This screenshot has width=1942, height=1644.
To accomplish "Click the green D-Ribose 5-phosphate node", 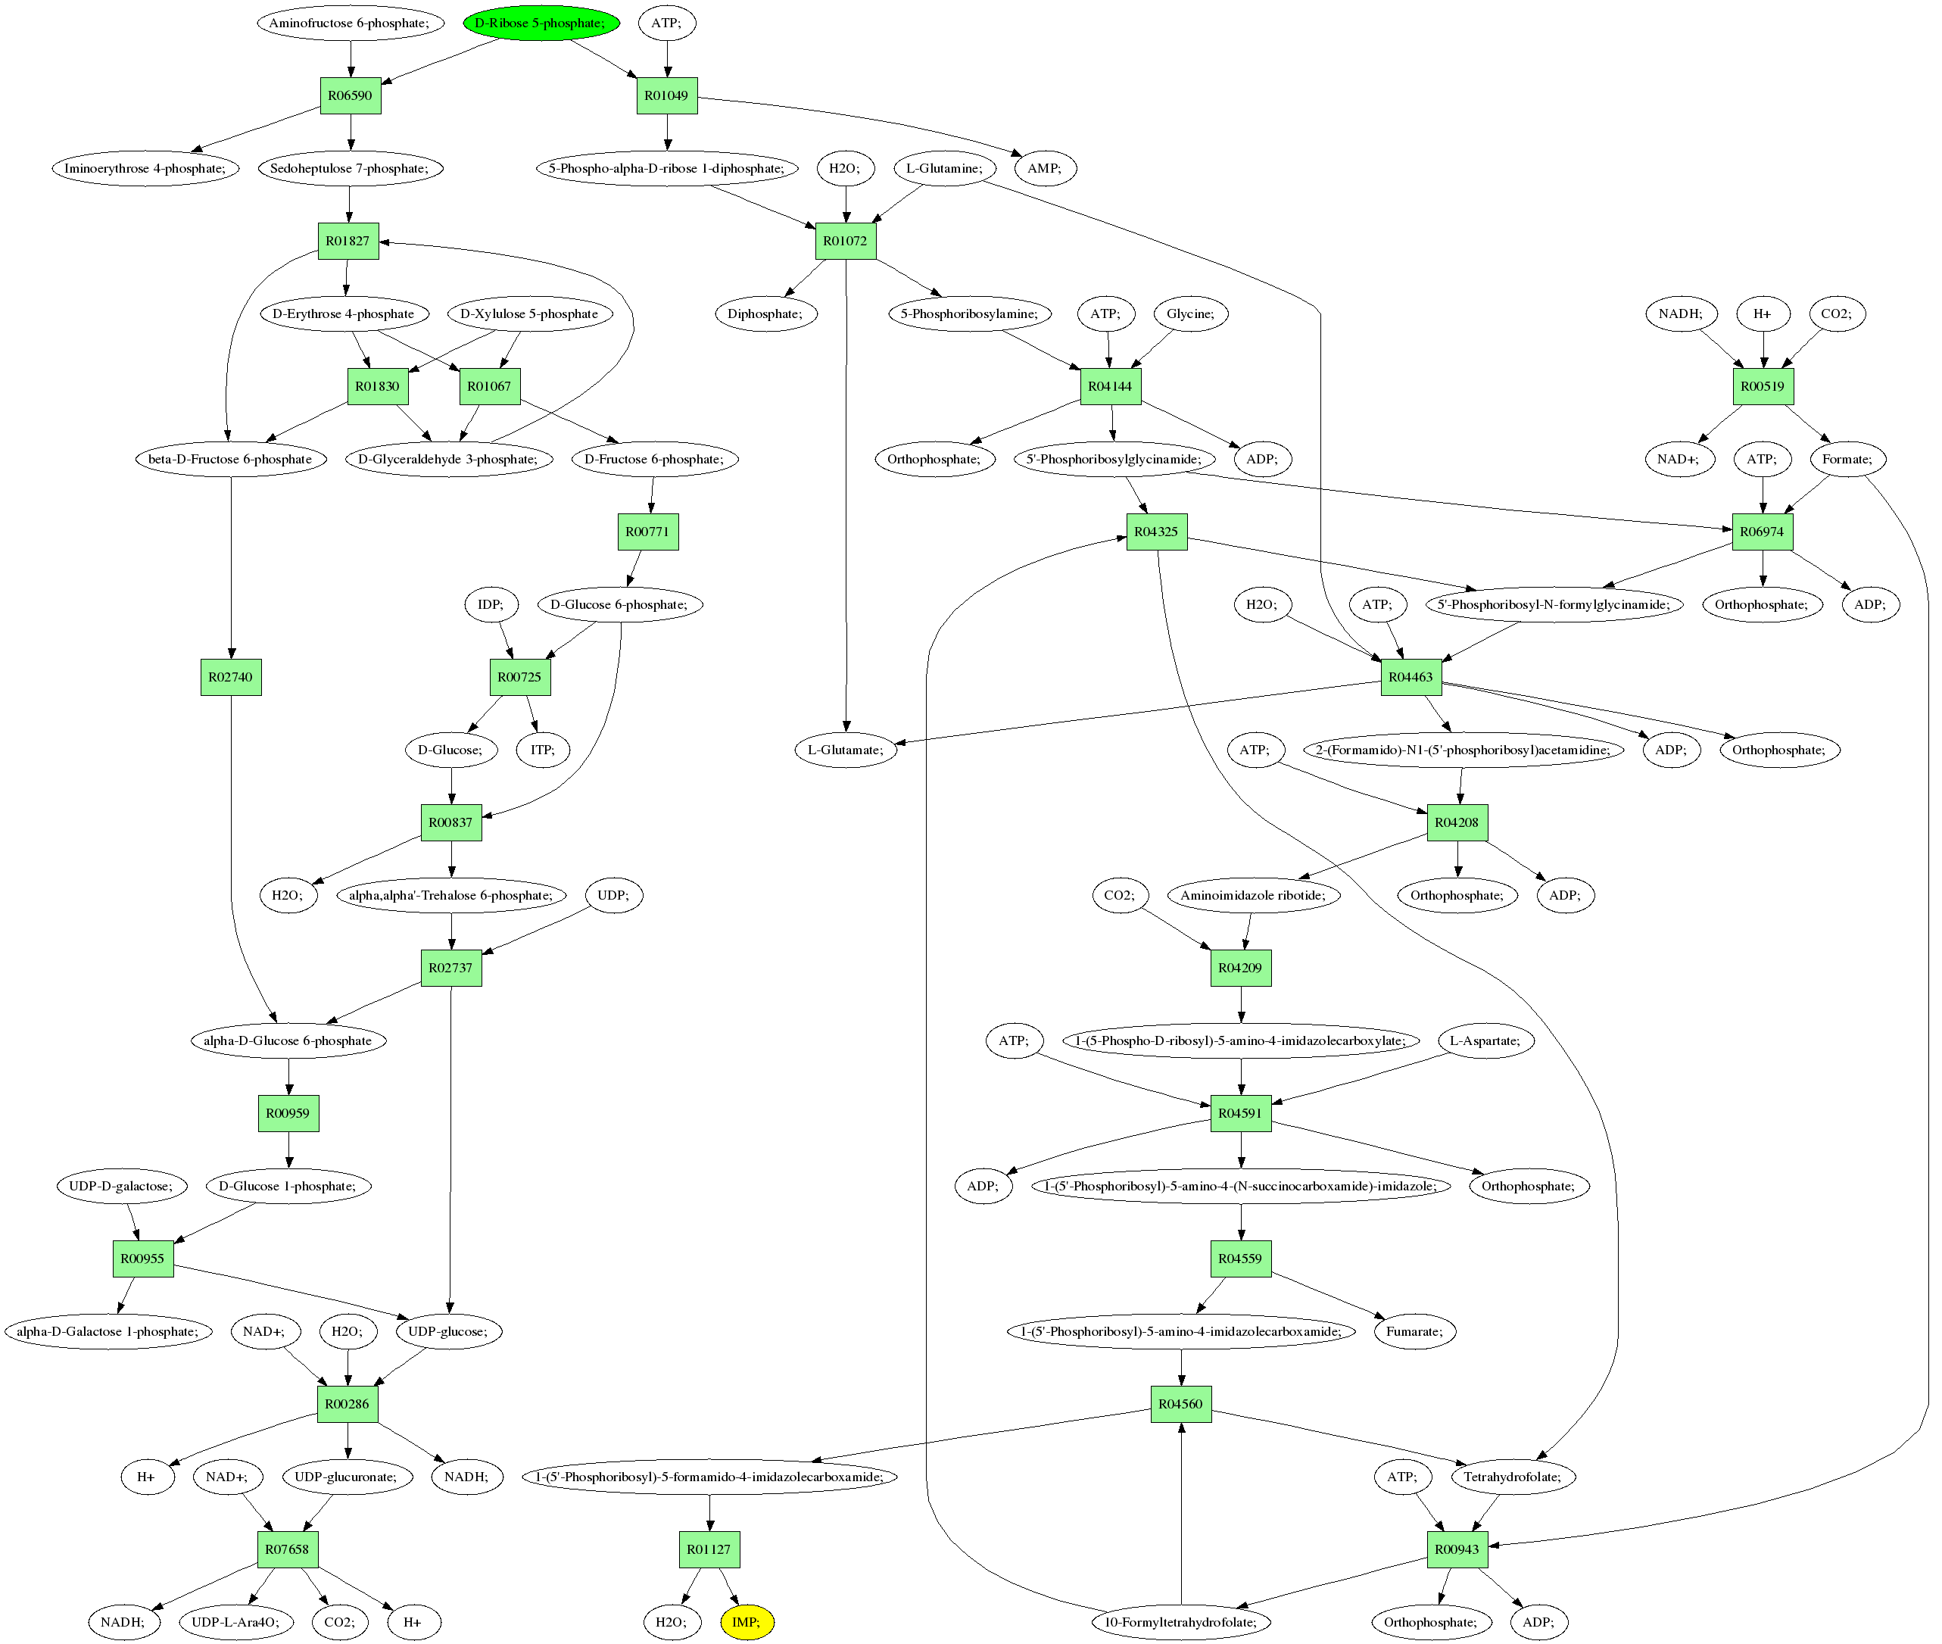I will coord(541,23).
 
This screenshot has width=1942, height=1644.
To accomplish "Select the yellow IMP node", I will coord(747,1621).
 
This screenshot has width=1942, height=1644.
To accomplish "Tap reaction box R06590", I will coord(351,95).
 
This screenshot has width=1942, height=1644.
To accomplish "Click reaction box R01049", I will coord(666,95).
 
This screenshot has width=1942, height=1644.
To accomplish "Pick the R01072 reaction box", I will coord(845,241).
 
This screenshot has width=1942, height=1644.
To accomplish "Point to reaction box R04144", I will coord(1110,386).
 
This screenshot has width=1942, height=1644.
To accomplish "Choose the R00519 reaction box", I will coord(1762,386).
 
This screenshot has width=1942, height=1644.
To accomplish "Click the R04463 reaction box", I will coord(1410,677).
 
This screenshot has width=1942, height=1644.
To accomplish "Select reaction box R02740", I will coord(231,677).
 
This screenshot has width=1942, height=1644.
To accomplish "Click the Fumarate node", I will coord(1414,1330).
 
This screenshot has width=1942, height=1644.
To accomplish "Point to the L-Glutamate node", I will coord(846,750).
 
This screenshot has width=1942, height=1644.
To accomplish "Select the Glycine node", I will coord(1191,314).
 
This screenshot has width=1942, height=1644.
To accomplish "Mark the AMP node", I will coord(1044,168).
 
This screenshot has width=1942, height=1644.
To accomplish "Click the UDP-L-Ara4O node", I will coord(235,1621).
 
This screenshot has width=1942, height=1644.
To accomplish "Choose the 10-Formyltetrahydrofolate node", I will coord(1180,1621).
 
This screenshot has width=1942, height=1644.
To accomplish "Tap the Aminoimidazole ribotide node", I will coord(1252,894).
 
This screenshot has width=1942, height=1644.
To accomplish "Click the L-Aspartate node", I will coord(1485,1040).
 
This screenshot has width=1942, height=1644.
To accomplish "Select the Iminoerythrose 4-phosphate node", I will coord(145,168).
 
